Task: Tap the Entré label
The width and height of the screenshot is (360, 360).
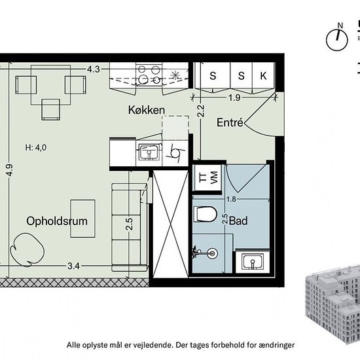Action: tap(230, 122)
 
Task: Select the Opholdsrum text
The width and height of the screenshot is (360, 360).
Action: tap(58, 221)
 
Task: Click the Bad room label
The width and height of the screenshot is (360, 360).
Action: tap(238, 222)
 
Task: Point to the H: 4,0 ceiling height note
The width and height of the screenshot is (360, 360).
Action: tap(37, 147)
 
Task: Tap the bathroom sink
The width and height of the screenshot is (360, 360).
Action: tap(251, 262)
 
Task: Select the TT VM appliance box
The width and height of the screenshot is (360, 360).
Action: tap(207, 178)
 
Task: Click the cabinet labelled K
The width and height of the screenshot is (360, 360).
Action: tap(263, 76)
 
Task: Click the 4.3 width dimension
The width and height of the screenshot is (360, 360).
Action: tap(94, 68)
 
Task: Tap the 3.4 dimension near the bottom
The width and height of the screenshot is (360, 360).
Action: tap(73, 266)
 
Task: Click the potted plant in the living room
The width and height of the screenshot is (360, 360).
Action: tap(27, 251)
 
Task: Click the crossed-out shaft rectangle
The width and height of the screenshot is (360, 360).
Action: tap(170, 226)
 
